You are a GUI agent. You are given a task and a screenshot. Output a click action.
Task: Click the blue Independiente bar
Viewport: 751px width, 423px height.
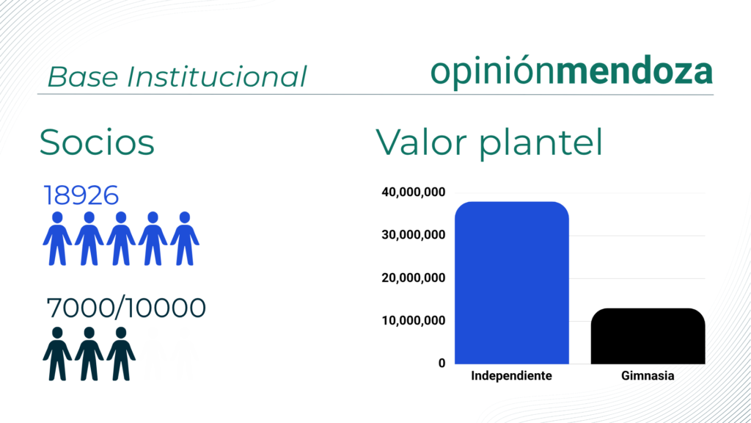coord(511,283)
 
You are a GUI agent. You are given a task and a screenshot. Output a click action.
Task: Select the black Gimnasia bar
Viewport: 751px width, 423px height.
coord(648,336)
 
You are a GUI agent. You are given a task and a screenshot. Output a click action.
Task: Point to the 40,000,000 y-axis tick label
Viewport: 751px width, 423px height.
coord(414,192)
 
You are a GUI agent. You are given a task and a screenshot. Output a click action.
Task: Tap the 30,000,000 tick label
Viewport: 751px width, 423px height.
coord(414,235)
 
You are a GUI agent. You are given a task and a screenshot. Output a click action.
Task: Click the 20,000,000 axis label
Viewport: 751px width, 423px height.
coord(414,278)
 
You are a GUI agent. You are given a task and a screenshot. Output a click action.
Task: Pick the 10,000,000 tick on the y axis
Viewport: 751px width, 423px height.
coord(414,320)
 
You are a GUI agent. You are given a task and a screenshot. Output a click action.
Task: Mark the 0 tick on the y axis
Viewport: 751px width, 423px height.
coord(442,364)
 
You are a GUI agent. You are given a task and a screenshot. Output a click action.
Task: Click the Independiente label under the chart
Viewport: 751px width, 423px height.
coord(511,375)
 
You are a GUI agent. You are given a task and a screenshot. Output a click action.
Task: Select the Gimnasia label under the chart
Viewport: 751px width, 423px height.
coord(648,375)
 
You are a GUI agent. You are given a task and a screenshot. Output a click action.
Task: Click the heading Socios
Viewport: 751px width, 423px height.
coord(97,142)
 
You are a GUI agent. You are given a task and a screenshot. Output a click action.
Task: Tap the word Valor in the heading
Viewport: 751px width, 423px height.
coord(422,142)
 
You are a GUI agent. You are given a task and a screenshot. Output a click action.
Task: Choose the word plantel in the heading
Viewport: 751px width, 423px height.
coord(541,143)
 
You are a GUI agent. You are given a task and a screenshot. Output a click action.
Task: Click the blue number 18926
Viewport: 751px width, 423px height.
coord(81,195)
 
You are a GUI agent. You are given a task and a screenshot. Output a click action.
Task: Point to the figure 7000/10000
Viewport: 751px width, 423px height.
coord(126,308)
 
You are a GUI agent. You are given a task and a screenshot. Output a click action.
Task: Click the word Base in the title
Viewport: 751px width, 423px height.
coord(83,76)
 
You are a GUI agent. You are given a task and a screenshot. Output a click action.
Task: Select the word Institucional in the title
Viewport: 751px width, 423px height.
coord(216,76)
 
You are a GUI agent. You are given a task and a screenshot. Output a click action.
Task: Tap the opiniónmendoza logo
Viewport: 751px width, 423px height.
coord(572,72)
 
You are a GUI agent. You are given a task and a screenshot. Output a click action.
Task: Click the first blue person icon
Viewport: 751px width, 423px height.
coord(57,239)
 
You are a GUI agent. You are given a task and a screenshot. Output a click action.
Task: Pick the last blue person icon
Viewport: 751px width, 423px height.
coord(185,239)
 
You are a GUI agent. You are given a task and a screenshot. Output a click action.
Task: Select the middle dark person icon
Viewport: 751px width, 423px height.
coord(89,354)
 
